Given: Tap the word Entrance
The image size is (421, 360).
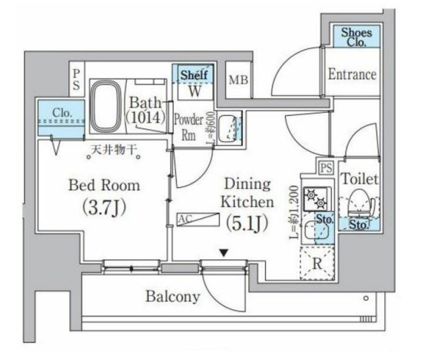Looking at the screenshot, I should pyautogui.click(x=352, y=74).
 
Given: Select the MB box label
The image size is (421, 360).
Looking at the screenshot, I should pyautogui.click(x=237, y=80).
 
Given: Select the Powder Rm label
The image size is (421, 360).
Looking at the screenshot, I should pyautogui.click(x=188, y=127).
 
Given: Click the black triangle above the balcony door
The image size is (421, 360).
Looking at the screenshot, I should pyautogui.click(x=223, y=252).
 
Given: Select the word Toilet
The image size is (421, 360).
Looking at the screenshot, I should pyautogui.click(x=360, y=179).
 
